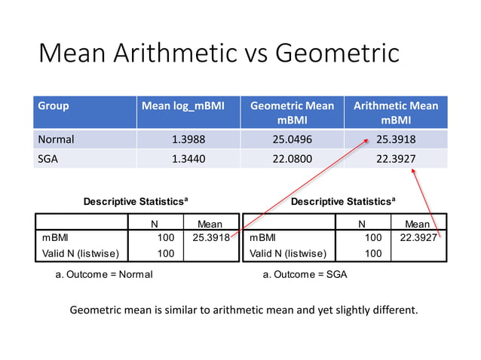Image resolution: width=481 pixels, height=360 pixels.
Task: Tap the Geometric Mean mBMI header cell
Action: (291, 112)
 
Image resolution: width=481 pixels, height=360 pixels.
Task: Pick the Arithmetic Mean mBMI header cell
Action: (395, 112)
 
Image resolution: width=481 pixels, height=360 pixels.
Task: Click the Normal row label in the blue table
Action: (56, 139)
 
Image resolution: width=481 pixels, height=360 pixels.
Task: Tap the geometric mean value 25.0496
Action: (291, 139)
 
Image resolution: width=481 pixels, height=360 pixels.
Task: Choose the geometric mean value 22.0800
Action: (291, 157)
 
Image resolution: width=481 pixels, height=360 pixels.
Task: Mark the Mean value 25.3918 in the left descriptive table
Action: (211, 238)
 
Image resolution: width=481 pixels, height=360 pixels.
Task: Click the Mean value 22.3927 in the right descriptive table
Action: (418, 238)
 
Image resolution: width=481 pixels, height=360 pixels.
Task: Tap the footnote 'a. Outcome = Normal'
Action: (104, 274)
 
